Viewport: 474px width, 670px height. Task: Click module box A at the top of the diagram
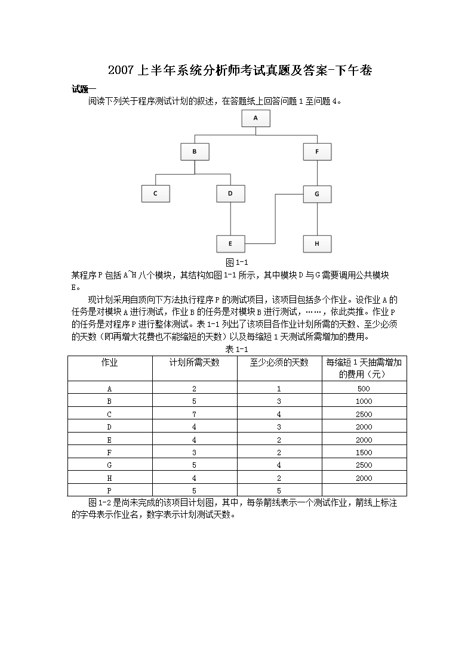click(256, 118)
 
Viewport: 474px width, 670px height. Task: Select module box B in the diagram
click(195, 152)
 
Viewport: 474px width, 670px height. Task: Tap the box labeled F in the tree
click(317, 152)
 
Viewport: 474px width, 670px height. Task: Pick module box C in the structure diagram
click(155, 193)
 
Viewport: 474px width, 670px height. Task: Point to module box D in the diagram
click(230, 193)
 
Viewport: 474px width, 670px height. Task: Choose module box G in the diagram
click(317, 194)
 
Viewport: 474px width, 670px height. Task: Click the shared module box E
click(230, 243)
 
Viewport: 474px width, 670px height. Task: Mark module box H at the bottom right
click(317, 243)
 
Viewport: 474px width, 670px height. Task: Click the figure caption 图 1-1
click(236, 263)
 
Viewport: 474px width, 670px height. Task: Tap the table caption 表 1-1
click(236, 349)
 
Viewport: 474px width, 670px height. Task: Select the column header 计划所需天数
click(195, 363)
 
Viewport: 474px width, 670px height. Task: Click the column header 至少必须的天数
click(279, 363)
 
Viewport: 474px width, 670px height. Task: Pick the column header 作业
click(109, 363)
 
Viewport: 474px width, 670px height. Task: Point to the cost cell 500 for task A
click(364, 388)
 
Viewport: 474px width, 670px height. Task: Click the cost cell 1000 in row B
click(364, 402)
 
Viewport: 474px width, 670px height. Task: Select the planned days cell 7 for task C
click(195, 414)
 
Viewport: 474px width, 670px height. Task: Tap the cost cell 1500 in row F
click(364, 452)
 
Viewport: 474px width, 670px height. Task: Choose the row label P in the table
click(109, 490)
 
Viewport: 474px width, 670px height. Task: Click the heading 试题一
click(84, 89)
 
